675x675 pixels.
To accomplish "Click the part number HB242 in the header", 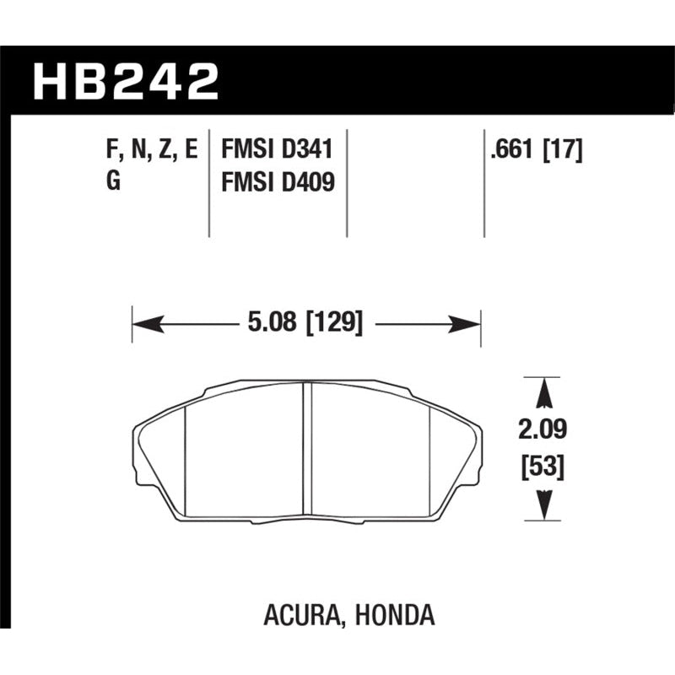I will (126, 81).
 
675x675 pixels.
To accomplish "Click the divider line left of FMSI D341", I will (208, 181).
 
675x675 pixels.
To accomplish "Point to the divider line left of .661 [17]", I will (483, 181).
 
